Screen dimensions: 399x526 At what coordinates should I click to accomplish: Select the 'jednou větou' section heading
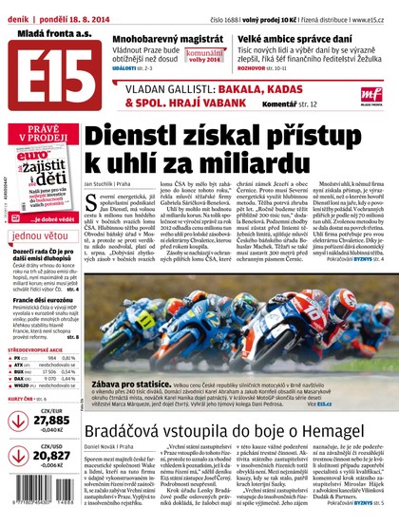[41, 234]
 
